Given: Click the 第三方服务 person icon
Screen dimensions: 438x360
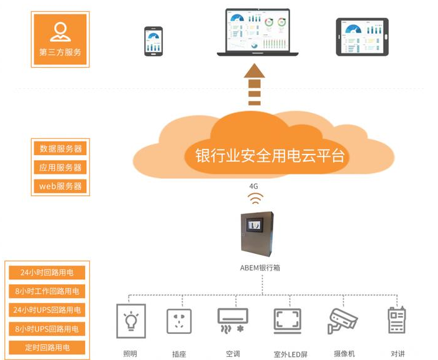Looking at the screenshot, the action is tap(60, 32).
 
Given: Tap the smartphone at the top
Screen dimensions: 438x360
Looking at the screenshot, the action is tap(153, 42).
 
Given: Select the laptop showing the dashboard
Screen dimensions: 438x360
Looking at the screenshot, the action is tap(258, 32).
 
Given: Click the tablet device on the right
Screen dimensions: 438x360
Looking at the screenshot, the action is tap(362, 37).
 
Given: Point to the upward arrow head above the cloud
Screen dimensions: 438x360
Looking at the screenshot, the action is tap(254, 71).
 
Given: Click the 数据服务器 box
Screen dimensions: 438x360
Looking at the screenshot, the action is tap(60, 148).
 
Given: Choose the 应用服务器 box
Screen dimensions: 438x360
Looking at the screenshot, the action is tap(60, 167).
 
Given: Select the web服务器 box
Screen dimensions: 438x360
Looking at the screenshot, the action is tap(60, 186).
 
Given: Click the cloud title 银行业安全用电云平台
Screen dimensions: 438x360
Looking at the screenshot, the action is tap(270, 155).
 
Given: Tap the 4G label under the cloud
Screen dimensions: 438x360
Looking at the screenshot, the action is tap(253, 186).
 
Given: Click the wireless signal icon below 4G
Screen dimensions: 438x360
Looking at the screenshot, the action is tap(255, 199).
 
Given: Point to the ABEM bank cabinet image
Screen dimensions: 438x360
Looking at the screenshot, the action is tap(257, 234).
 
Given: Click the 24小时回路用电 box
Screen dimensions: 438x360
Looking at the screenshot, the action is tap(47, 272).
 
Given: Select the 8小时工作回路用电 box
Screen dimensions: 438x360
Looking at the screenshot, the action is tap(47, 291).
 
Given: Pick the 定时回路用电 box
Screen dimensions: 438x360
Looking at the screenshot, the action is tap(47, 348).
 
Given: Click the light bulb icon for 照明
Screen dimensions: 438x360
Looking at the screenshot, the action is tap(131, 321).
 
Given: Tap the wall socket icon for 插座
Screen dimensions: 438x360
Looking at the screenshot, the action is tap(179, 322).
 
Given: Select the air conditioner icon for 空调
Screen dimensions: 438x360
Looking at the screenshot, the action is tap(233, 320).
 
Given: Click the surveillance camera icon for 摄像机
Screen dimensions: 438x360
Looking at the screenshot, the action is tap(342, 321).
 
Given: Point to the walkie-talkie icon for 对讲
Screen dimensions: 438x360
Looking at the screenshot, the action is tap(396, 320).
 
